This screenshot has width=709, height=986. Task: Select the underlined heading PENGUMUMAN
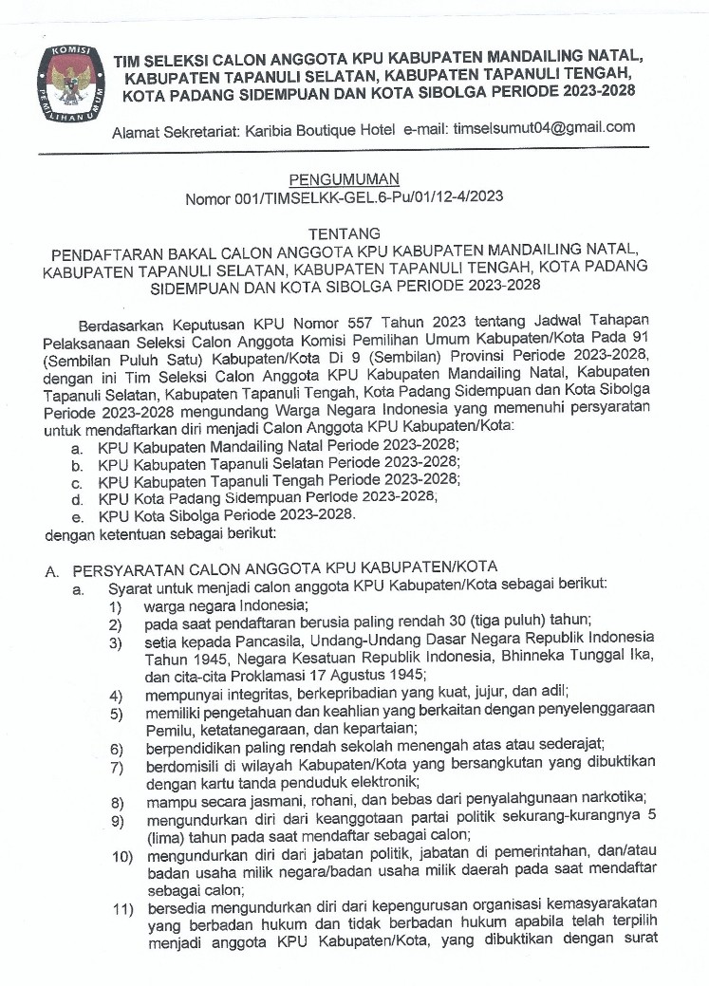pyautogui.click(x=344, y=178)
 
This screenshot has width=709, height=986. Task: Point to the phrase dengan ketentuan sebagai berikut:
pyautogui.click(x=160, y=535)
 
